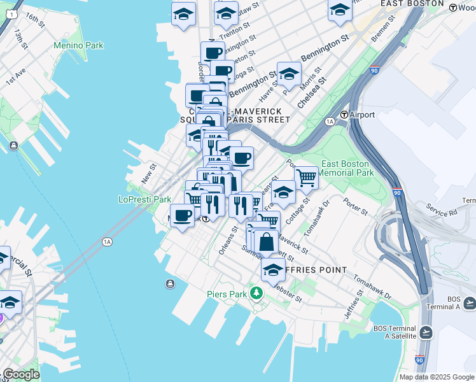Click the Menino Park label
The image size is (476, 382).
(x=78, y=46)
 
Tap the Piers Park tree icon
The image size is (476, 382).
(x=256, y=294)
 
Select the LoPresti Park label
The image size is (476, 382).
(x=144, y=199)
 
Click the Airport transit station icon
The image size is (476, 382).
(x=344, y=115)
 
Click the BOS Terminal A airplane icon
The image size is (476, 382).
(x=470, y=302)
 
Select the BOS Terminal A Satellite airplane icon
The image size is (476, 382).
(x=426, y=332)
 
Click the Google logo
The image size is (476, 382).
(x=20, y=374)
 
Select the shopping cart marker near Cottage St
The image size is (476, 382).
(x=306, y=178)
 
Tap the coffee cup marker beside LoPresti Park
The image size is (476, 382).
(x=182, y=216)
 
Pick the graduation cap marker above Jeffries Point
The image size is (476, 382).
(x=273, y=270)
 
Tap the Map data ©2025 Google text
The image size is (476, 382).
(x=436, y=377)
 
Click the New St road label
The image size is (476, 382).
(x=148, y=172)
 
